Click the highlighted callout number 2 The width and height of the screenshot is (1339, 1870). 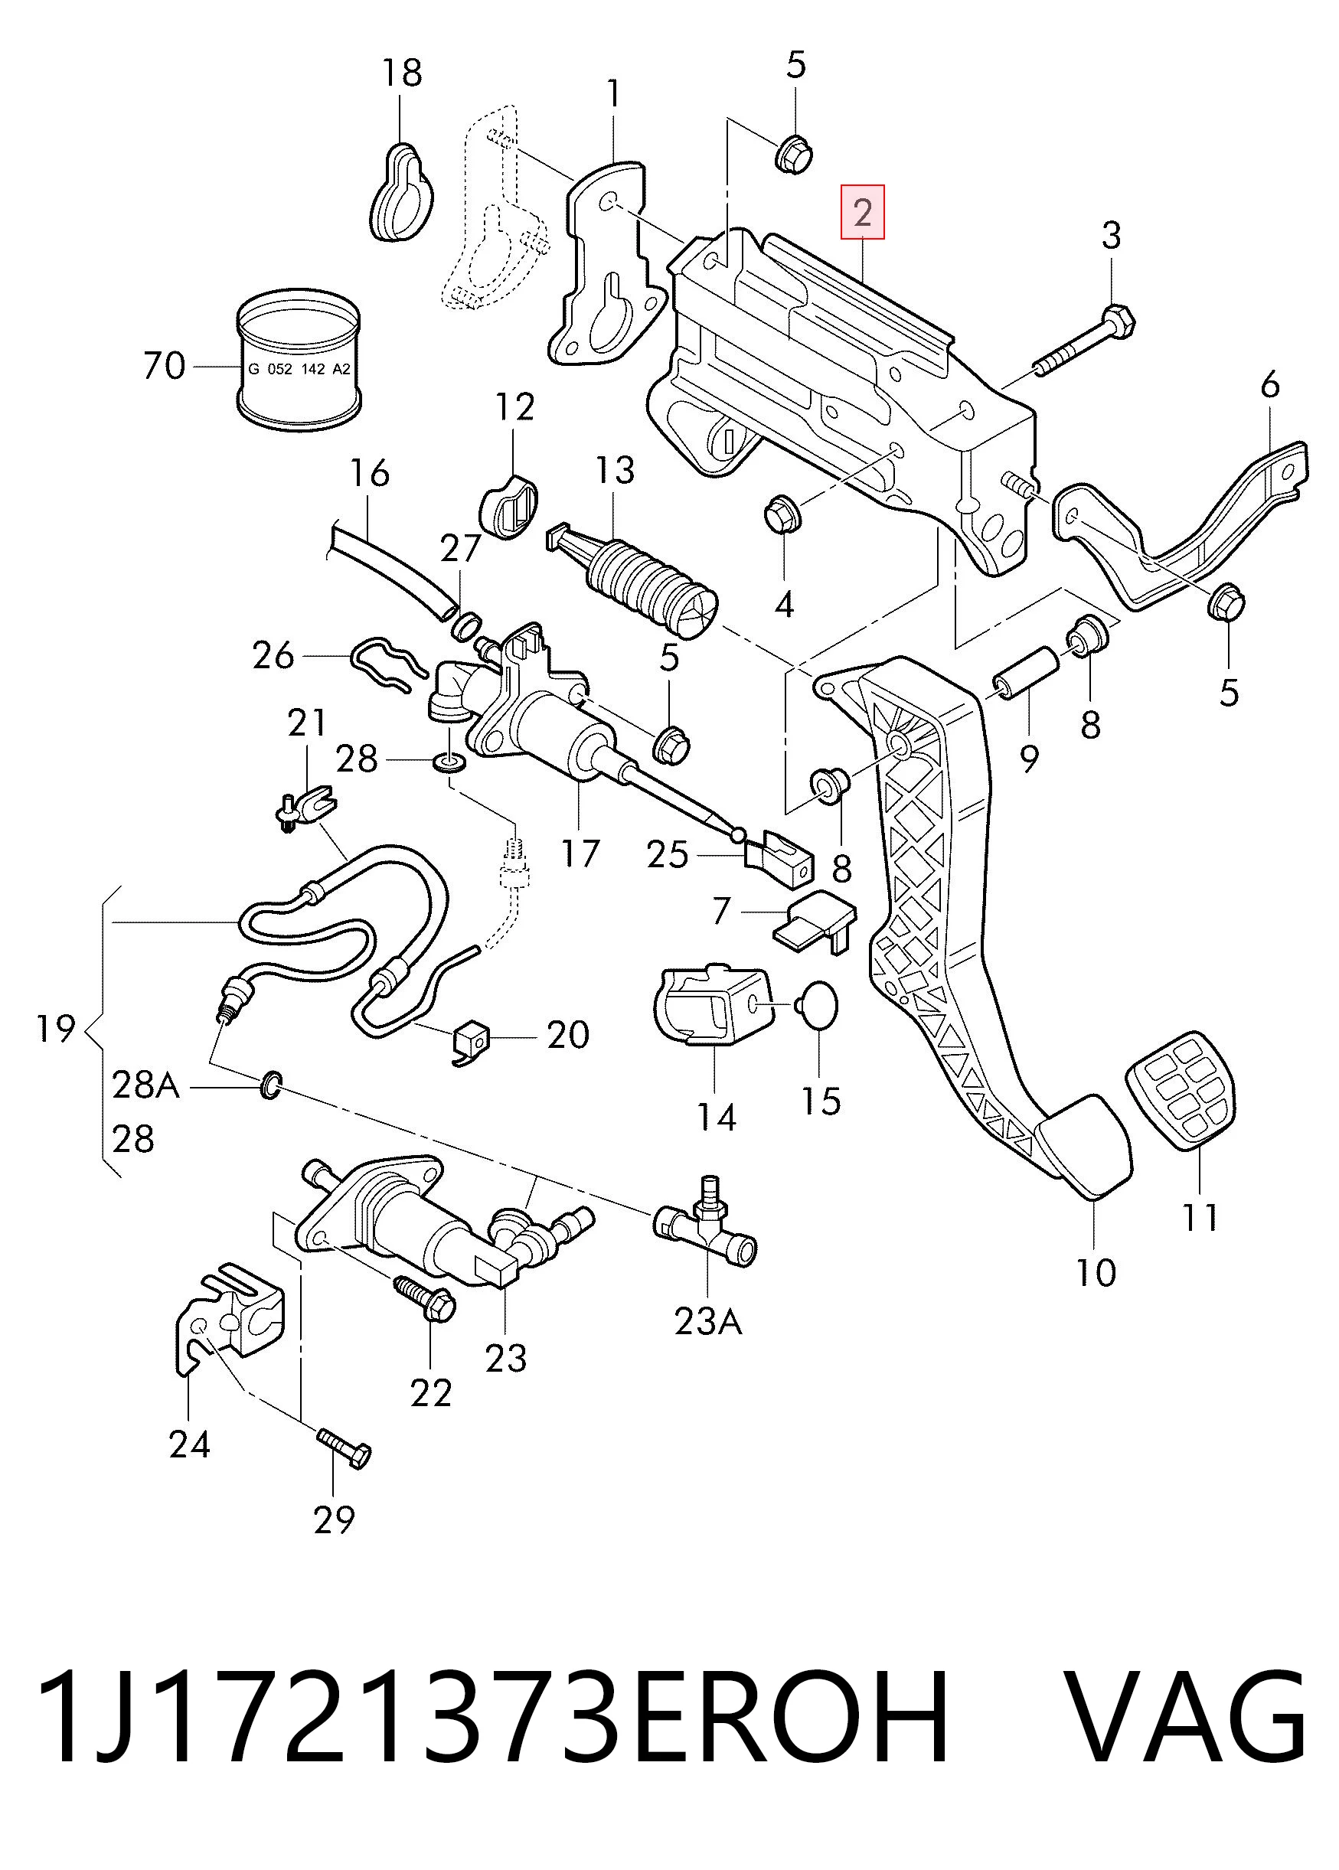click(x=863, y=213)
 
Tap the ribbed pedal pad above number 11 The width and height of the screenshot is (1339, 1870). click(x=1180, y=1088)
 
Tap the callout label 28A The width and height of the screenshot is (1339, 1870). click(x=145, y=1085)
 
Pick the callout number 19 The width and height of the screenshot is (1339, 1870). click(x=56, y=1029)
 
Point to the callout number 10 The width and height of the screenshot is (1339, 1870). click(x=1096, y=1272)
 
